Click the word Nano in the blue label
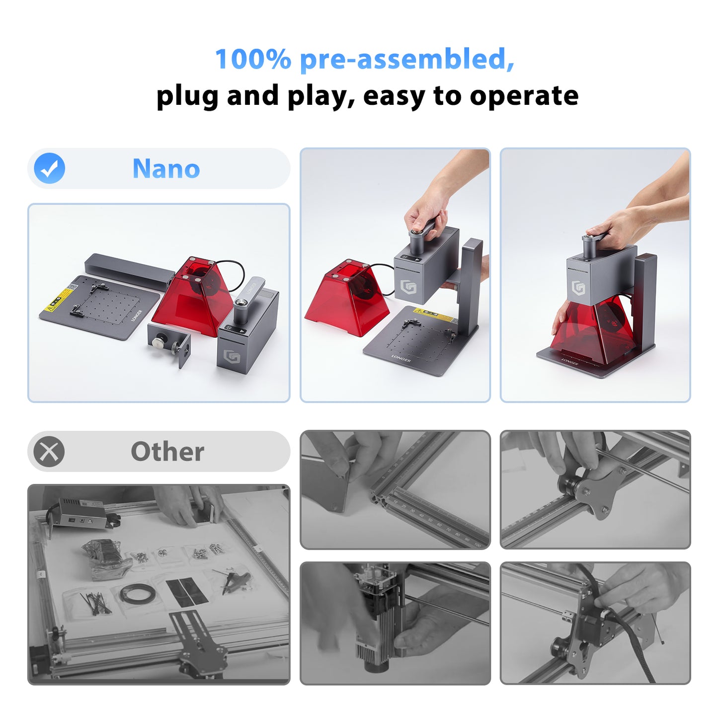(166, 169)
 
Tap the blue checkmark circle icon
(50, 168)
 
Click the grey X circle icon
(49, 452)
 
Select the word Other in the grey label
(167, 452)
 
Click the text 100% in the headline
(252, 59)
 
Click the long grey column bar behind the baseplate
(129, 270)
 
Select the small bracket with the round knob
(169, 343)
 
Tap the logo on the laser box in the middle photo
(408, 287)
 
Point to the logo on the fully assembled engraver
(578, 288)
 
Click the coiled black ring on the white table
(137, 594)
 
